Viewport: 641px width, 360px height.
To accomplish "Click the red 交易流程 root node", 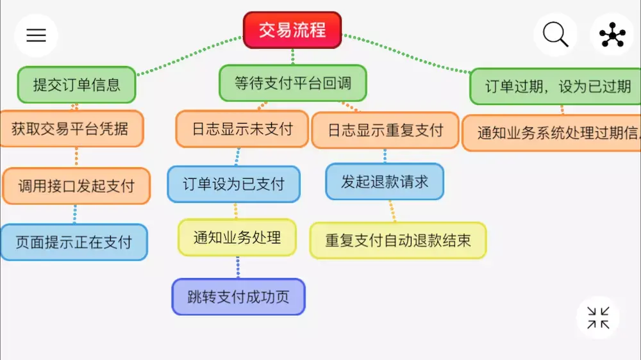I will pos(292,30).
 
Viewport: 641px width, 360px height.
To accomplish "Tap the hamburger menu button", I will pos(36,35).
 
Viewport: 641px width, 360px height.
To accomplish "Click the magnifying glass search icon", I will pos(555,35).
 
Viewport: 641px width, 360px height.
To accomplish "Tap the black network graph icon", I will pos(612,35).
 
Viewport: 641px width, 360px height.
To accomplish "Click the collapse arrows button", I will pos(598,317).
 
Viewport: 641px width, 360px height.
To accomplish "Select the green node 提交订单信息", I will pos(76,85).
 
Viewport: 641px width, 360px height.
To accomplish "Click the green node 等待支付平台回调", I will pos(293,83).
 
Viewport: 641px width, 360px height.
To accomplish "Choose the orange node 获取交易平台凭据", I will pos(70,129).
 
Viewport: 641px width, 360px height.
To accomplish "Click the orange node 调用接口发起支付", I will pos(76,186).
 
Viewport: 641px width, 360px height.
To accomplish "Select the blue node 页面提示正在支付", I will pos(74,242).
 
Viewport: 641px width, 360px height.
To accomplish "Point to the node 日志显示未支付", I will pos(242,129).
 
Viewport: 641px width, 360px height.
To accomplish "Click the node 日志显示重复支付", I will pos(385,131).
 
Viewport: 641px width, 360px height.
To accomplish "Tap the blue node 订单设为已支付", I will pos(234,184).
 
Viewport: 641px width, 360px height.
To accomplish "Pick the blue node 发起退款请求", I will pos(385,181).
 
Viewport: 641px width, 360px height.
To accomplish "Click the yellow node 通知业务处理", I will pos(237,238).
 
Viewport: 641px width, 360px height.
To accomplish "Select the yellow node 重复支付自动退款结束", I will pos(398,240).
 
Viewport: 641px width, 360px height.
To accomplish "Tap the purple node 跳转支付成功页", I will pos(238,297).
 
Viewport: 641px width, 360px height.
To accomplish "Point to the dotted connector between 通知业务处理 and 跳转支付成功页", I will pos(238,267).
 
